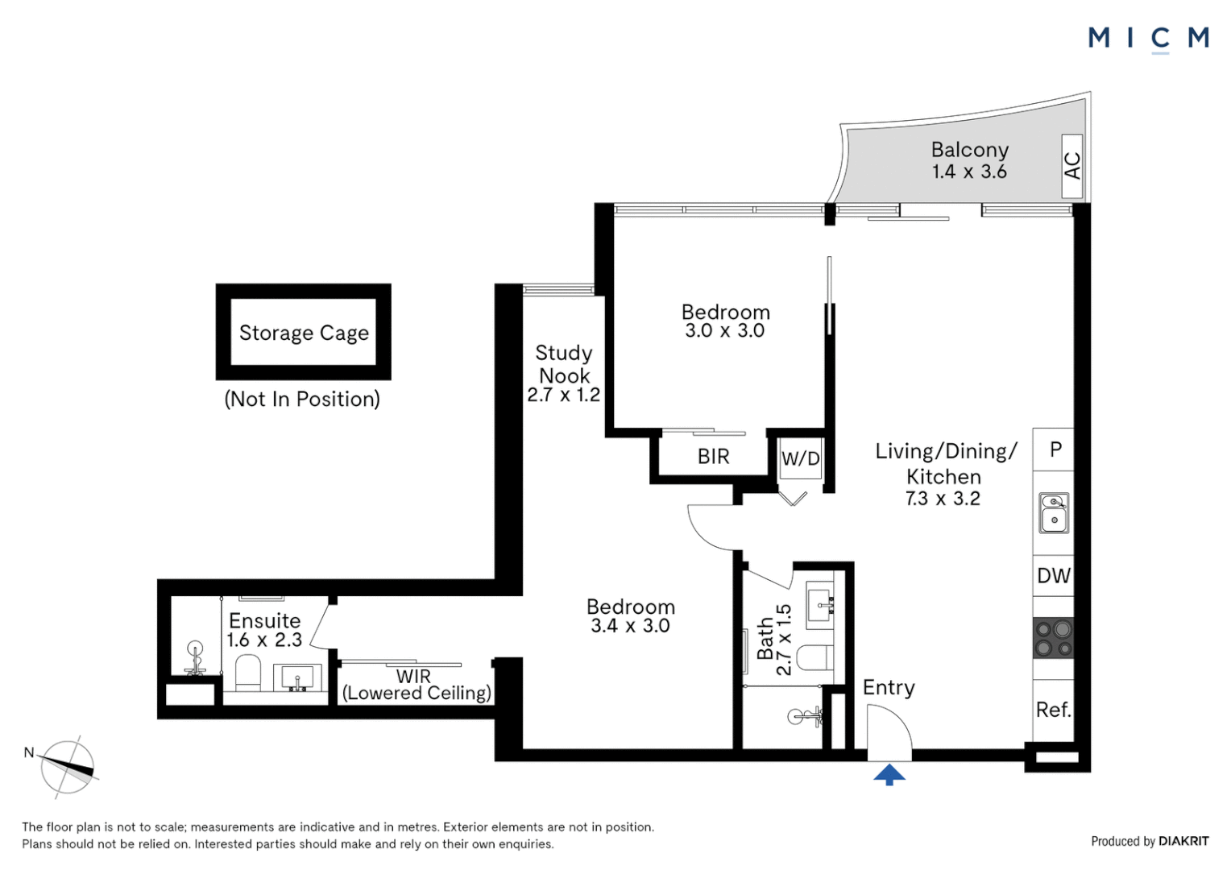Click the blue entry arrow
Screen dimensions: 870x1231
[889, 775]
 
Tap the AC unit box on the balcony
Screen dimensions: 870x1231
[1071, 166]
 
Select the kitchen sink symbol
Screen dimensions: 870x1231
[1054, 513]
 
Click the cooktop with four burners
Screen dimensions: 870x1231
[1054, 638]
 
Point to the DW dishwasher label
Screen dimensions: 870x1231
[1053, 576]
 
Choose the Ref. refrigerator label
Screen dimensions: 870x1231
[1053, 710]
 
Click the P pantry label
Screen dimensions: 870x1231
[1055, 449]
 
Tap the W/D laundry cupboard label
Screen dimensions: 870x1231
[801, 459]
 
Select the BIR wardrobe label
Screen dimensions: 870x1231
[713, 457]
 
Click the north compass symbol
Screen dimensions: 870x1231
[68, 767]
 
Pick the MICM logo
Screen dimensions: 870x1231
[1148, 38]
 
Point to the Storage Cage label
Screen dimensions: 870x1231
[304, 333]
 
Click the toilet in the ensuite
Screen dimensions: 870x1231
[248, 673]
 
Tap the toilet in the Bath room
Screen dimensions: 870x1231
[819, 658]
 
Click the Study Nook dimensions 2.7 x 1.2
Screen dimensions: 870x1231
[563, 396]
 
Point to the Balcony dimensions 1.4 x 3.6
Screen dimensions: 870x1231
[969, 172]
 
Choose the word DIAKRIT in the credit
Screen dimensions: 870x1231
[1183, 841]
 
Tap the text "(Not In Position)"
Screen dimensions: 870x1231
[302, 399]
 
